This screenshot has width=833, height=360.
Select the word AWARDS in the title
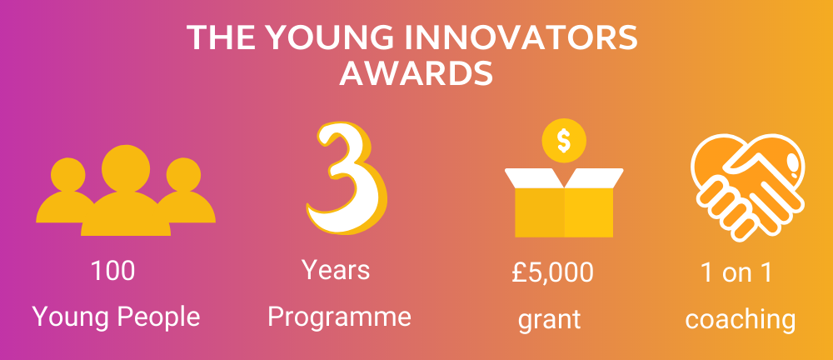(x=416, y=73)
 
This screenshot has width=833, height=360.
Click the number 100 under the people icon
(x=112, y=270)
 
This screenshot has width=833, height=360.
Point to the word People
(x=158, y=317)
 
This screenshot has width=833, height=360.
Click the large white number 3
(x=346, y=178)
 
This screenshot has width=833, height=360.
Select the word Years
(x=336, y=269)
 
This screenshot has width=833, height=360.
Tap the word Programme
(x=339, y=317)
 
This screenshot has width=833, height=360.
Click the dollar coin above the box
(x=564, y=141)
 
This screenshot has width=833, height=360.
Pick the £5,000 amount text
(x=552, y=272)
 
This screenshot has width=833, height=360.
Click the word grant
(x=549, y=319)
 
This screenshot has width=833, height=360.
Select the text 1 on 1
(x=736, y=272)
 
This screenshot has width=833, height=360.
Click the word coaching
(x=740, y=320)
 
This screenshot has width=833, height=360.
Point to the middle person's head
(x=126, y=168)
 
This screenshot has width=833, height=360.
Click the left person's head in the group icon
(x=68, y=175)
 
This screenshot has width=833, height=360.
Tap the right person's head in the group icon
(x=184, y=175)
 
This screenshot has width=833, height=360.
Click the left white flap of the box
(x=534, y=178)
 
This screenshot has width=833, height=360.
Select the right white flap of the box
(x=594, y=178)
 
